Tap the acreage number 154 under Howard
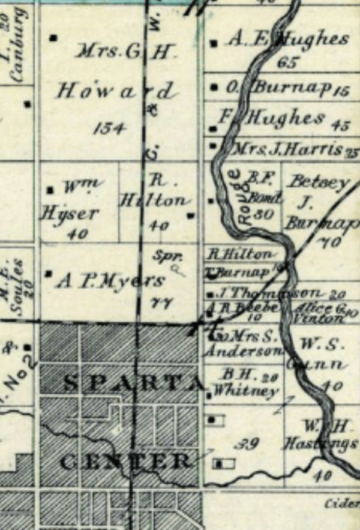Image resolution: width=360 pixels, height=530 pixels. [109, 127]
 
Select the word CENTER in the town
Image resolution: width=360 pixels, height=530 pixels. [127, 461]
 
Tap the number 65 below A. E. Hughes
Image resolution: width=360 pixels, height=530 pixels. [288, 62]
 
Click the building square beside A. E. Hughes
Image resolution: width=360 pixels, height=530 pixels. [215, 43]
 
